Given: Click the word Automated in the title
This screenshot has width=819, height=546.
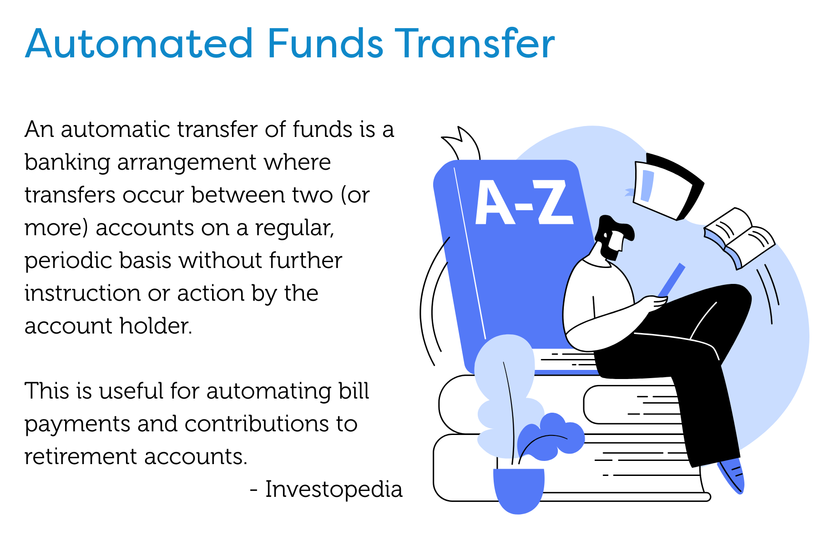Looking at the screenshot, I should click(x=139, y=44).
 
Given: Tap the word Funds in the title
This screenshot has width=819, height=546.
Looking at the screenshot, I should click(x=325, y=44).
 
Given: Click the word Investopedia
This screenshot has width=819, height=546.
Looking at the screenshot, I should click(x=334, y=490).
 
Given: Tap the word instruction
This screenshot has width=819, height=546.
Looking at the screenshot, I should click(x=82, y=293).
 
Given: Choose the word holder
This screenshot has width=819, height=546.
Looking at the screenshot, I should click(x=156, y=326).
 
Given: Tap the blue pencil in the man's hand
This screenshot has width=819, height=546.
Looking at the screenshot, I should click(x=671, y=280).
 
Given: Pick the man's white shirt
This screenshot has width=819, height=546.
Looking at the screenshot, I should click(x=596, y=296).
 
